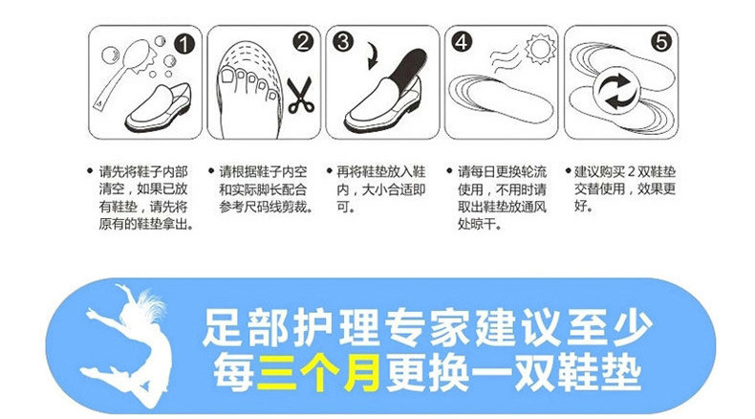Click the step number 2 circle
tap(303, 42)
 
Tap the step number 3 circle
tap(342, 42)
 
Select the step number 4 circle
tap(461, 43)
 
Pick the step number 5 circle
tap(660, 42)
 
